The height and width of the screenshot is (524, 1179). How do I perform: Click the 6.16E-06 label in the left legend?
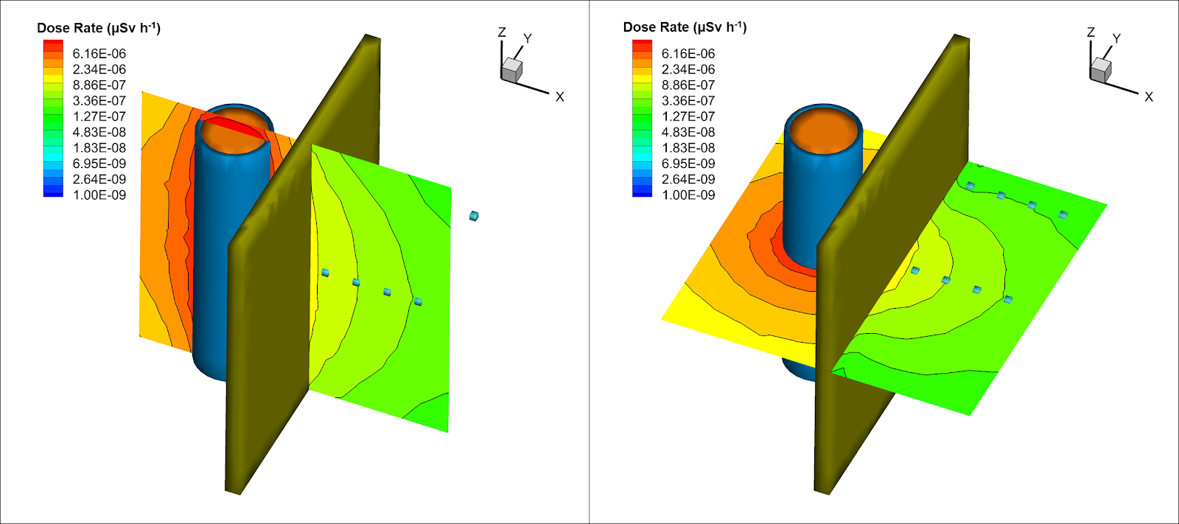(x=99, y=54)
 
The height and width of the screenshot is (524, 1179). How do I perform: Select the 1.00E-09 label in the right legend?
(x=688, y=195)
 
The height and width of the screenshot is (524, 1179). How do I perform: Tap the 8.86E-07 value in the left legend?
(x=99, y=85)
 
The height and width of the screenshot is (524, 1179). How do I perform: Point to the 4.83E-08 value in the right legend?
(x=688, y=132)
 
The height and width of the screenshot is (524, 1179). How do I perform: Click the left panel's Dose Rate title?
(x=99, y=27)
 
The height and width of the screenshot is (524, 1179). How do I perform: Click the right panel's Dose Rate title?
(x=685, y=27)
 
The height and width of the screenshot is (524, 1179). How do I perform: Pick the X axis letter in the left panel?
(x=559, y=97)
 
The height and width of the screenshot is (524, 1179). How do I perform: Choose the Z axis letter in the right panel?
(x=1091, y=32)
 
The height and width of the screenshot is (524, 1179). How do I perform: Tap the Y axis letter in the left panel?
(x=528, y=38)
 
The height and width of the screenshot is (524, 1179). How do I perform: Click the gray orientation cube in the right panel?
(x=1101, y=69)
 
